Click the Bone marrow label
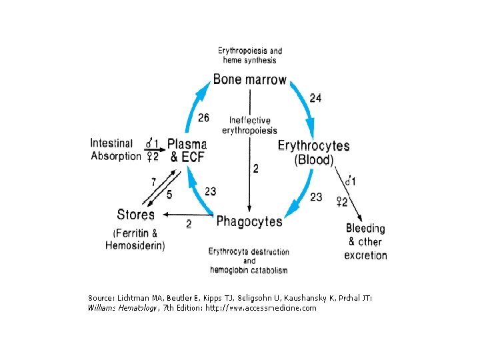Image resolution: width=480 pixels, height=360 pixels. tap(249, 80)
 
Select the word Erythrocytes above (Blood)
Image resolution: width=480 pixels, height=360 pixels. tap(313, 146)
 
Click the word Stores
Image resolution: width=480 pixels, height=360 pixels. tap(135, 215)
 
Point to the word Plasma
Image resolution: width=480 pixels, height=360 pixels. tap(187, 144)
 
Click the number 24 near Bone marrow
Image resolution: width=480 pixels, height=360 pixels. tap(315, 98)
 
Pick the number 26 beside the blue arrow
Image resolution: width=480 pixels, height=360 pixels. tap(203, 118)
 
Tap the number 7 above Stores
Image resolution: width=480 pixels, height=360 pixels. tap(153, 181)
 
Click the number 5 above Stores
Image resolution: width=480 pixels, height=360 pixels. tap(169, 195)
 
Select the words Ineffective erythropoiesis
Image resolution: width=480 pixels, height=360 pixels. tap(250, 125)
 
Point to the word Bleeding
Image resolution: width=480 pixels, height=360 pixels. tap(365, 229)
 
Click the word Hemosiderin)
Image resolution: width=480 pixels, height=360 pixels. tap(135, 245)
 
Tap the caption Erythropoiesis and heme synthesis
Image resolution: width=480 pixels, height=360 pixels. tap(250, 55)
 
